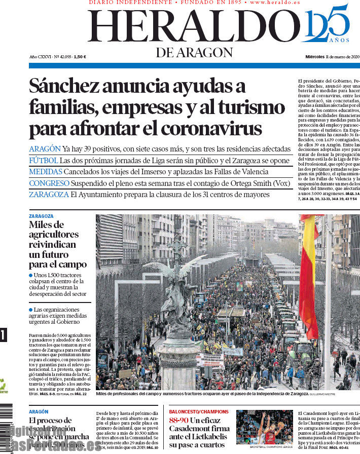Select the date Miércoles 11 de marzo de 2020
(332, 57)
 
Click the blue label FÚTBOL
(44, 160)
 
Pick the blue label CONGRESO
(49, 183)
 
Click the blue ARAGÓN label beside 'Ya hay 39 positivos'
(45, 149)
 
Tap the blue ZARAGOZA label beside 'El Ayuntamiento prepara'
(49, 195)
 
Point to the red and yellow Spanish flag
(309, 274)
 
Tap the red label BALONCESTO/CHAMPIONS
(199, 412)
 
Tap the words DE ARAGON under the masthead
(194, 52)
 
